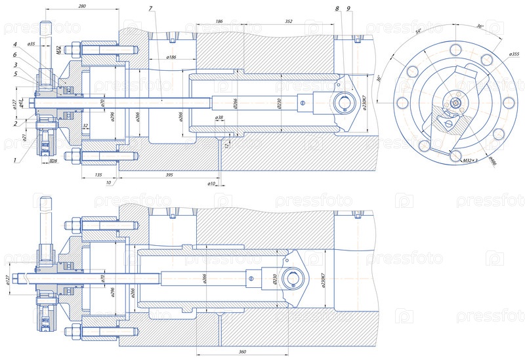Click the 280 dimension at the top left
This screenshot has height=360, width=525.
(x=81, y=6)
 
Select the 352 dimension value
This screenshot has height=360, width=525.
(x=288, y=22)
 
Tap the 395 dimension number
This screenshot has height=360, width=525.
(x=169, y=174)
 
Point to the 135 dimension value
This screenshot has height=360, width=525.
(x=98, y=174)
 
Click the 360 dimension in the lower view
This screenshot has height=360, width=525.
(x=242, y=352)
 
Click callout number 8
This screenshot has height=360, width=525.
(x=337, y=9)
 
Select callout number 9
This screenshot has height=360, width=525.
(x=348, y=9)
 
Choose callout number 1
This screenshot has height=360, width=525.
(x=14, y=159)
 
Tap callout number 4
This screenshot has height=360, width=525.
(x=14, y=45)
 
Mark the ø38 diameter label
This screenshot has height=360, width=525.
(x=219, y=118)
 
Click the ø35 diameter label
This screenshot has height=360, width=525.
(x=32, y=44)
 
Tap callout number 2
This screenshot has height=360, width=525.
(x=14, y=123)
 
